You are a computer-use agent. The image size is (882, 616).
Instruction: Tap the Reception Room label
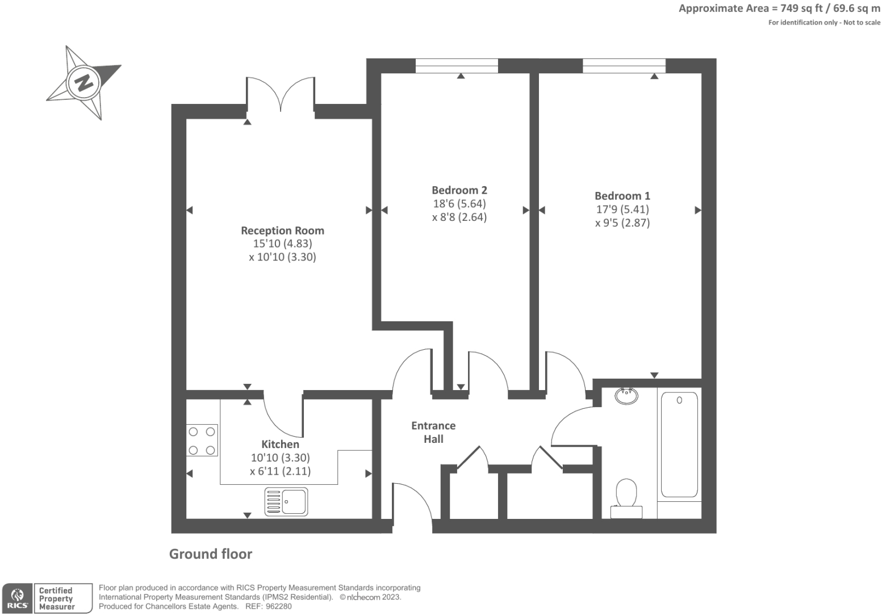[282, 231]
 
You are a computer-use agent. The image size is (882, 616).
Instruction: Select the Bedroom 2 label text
[459, 190]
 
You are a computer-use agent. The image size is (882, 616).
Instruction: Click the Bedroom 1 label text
[622, 196]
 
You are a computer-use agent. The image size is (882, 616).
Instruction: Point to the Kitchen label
[280, 445]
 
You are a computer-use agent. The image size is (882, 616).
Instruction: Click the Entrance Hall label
[433, 432]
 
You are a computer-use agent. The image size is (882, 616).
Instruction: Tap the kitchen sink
[286, 502]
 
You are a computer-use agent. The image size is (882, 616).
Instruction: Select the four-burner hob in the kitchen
[202, 441]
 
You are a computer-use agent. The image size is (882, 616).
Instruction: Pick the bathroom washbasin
[626, 395]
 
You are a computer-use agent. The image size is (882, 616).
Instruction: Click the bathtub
[679, 445]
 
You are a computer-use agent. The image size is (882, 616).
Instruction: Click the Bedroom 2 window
[457, 66]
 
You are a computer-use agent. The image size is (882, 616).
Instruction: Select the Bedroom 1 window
[624, 66]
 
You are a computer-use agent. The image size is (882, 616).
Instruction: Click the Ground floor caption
[211, 554]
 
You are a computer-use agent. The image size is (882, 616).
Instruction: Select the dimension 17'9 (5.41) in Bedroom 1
[622, 209]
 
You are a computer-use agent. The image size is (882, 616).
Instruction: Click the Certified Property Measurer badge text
[57, 598]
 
